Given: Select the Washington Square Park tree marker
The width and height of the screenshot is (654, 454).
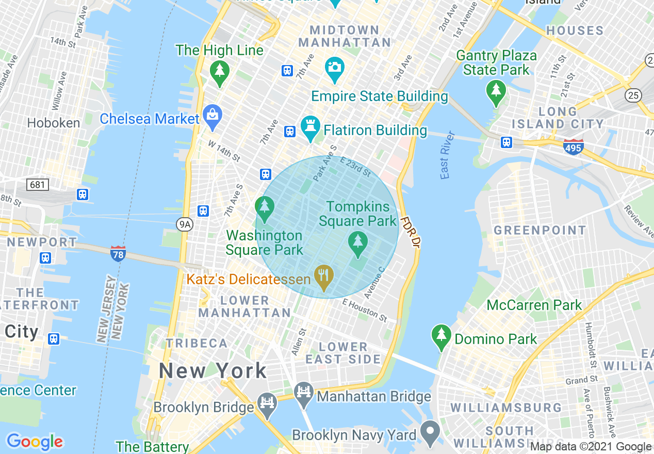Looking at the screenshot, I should tap(264, 208).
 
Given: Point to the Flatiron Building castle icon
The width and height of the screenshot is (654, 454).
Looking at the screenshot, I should tap(310, 130).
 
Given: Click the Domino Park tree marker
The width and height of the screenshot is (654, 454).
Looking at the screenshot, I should tap(441, 336).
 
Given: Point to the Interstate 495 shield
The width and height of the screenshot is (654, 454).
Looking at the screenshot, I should tap(573, 147).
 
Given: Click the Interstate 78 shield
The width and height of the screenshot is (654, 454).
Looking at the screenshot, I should tap(118, 253).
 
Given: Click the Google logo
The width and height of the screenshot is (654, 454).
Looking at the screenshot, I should tap(35, 442).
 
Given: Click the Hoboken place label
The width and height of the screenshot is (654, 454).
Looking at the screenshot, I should tap(54, 123).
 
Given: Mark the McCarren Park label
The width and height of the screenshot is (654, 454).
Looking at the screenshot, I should tap(534, 305).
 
